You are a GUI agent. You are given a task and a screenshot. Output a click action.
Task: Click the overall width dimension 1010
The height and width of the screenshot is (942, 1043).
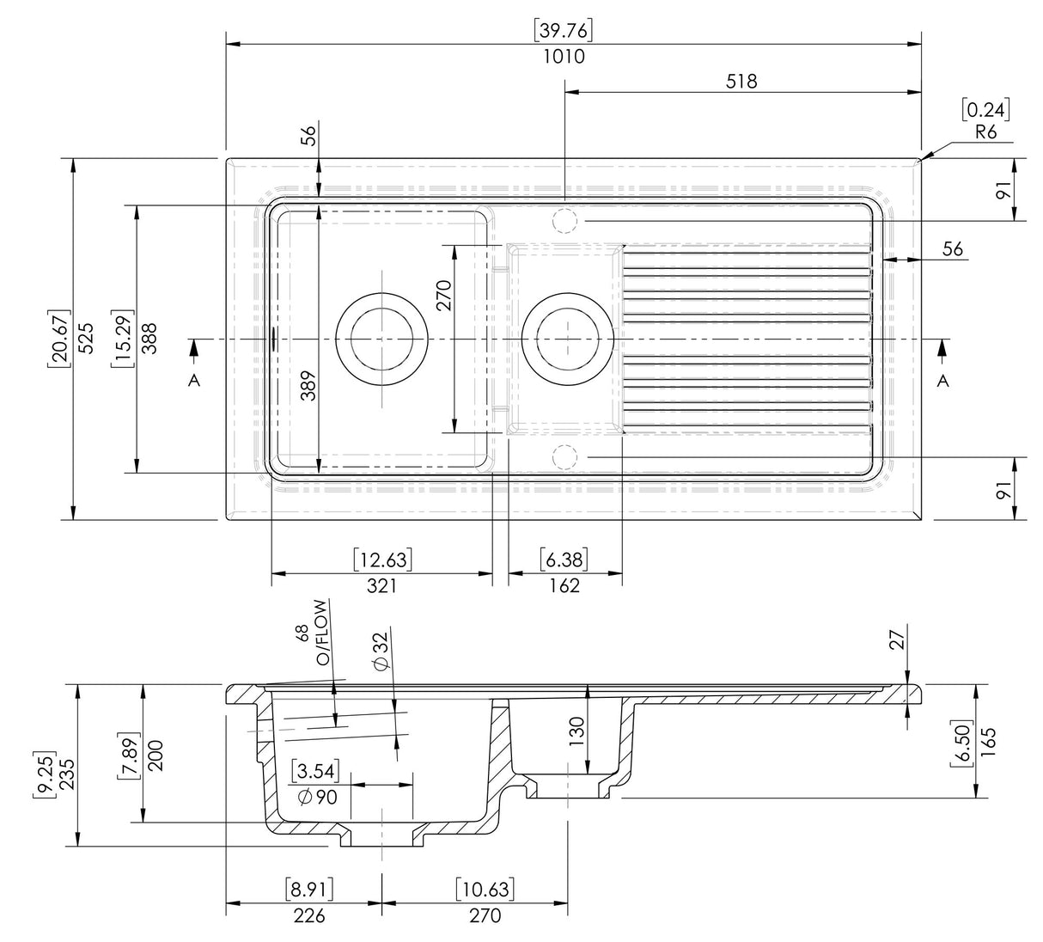click(564, 57)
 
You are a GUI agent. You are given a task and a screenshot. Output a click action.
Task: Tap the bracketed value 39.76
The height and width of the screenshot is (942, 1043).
click(564, 30)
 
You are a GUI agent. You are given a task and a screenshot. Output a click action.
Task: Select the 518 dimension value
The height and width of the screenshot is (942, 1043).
click(741, 81)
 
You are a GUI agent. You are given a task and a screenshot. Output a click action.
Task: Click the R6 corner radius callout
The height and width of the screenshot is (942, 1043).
click(985, 132)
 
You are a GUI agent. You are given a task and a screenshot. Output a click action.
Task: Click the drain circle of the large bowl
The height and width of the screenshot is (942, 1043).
click(381, 339)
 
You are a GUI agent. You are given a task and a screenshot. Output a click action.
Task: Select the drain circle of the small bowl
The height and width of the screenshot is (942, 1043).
click(567, 339)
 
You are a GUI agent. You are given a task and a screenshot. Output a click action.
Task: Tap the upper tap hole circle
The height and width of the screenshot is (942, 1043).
click(564, 220)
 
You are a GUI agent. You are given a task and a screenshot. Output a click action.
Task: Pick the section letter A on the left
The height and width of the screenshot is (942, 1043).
click(194, 380)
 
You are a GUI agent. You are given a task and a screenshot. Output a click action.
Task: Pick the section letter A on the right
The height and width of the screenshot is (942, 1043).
click(943, 380)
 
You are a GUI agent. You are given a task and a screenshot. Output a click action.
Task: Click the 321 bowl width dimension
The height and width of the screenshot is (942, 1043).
click(381, 585)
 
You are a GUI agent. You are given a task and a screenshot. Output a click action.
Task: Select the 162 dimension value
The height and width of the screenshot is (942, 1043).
click(564, 585)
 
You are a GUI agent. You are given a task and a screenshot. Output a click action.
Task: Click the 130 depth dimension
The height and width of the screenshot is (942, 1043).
click(576, 731)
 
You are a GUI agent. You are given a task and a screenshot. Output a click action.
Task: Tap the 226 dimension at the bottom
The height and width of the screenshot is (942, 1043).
click(309, 915)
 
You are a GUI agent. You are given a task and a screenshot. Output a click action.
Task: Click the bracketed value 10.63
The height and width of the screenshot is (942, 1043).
click(485, 890)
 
